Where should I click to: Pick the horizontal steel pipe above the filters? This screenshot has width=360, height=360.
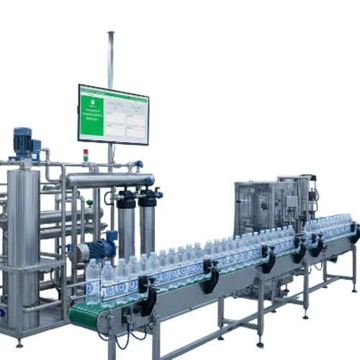(x=108, y=177)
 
